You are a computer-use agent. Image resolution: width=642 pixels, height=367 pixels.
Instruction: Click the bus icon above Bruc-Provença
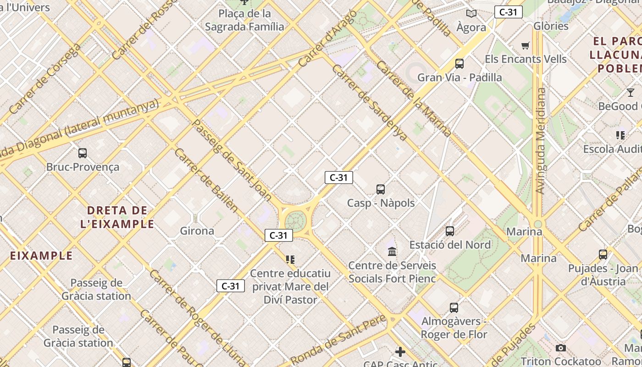pos(83,153)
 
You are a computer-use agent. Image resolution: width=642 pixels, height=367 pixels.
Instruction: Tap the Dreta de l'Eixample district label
pos(121,217)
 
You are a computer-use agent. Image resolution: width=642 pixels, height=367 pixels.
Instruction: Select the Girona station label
pos(197,231)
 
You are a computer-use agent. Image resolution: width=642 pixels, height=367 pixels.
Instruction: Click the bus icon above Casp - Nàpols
pos(381,189)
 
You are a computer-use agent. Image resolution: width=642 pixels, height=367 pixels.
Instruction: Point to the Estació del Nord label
pos(450,245)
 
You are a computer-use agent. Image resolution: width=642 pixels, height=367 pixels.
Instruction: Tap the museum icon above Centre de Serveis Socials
pos(392,251)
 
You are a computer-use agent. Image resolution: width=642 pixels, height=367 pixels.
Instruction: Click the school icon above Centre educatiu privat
pos(290,260)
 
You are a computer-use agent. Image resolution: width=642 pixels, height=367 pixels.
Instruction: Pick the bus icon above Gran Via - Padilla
pos(459,64)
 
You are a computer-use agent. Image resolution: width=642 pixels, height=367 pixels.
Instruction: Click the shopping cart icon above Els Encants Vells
pos(526,45)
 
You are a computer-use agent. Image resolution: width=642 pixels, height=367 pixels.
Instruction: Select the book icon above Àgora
pos(471,13)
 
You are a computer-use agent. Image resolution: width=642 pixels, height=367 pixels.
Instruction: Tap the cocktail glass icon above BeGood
pos(631,93)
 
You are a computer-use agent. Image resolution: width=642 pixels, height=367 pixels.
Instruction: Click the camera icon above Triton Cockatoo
pos(560,348)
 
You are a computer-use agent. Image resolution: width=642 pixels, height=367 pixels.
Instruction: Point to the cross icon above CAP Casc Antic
pos(400,352)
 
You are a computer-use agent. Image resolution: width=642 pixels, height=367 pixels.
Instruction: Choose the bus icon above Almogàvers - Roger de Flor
pos(454,307)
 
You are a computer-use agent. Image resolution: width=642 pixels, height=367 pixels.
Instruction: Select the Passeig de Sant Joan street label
pos(232,160)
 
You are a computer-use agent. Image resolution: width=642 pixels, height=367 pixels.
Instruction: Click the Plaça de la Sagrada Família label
pos(244,20)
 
